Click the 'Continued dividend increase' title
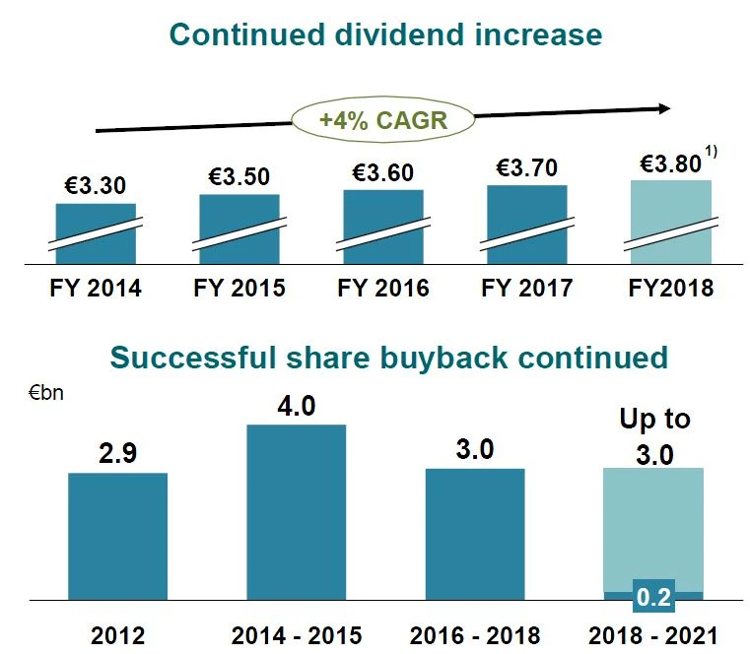385,34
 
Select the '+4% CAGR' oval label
383,121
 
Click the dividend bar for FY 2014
96,234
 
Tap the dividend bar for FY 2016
383,228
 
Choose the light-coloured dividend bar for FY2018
670,223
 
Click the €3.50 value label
239,177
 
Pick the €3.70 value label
526,168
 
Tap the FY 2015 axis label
239,289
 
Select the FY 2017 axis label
526,289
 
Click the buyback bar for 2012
117,536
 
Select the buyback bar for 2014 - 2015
296,512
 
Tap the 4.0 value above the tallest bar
296,406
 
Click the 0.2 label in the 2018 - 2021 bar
652,598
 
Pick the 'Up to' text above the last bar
654,419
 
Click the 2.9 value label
117,454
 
